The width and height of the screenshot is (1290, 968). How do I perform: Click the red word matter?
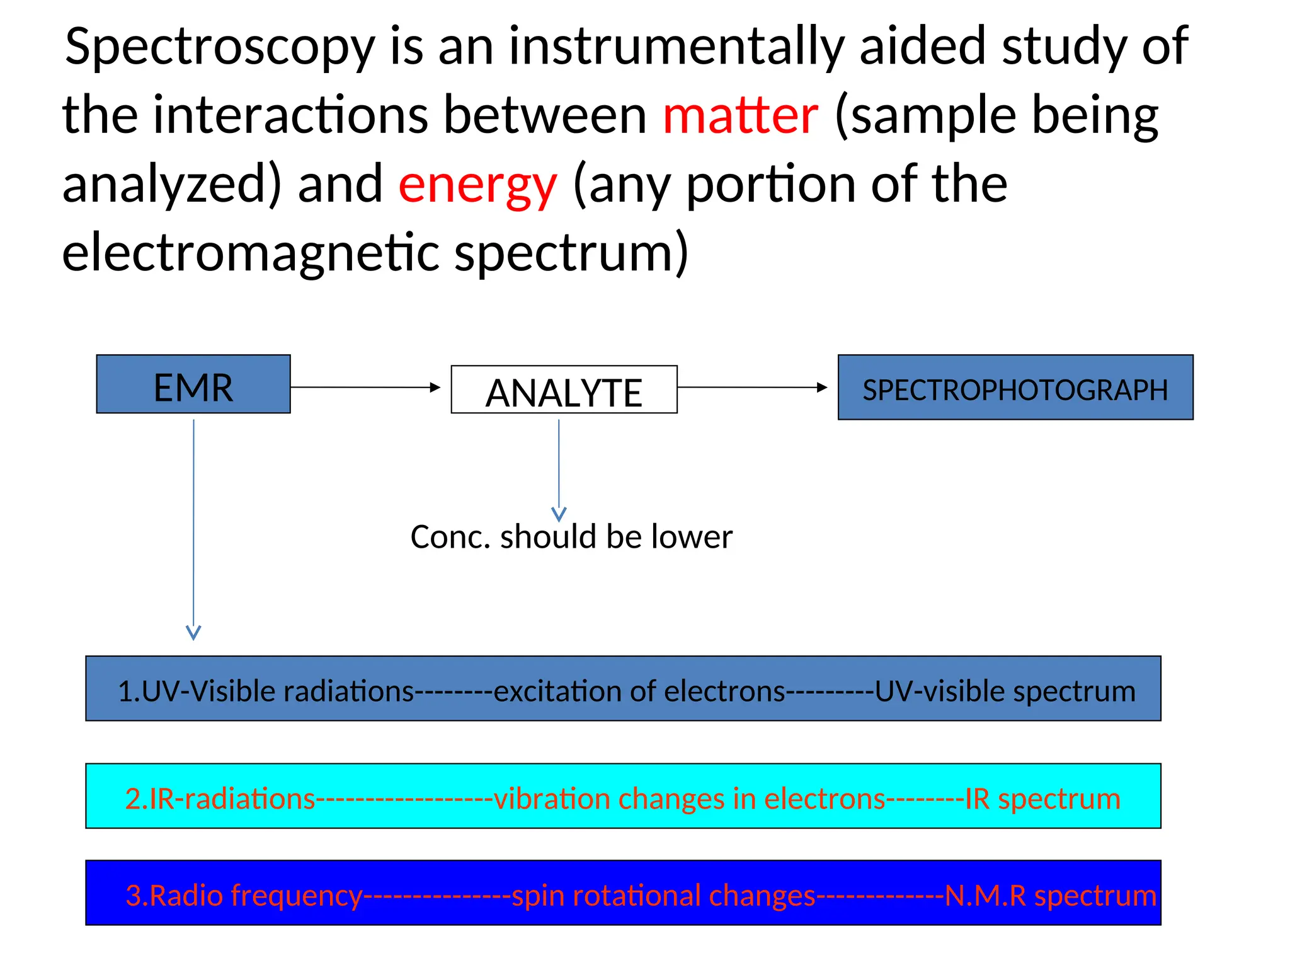tap(740, 116)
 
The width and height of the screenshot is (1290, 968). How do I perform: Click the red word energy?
tap(477, 185)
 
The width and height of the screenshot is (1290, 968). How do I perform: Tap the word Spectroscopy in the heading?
tap(220, 48)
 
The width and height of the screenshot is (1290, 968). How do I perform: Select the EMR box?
tap(193, 384)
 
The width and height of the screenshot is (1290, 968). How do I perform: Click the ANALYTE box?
tap(564, 390)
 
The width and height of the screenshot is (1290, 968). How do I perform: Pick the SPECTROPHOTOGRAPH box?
tap(1015, 388)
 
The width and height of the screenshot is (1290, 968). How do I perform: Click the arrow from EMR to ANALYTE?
tap(365, 387)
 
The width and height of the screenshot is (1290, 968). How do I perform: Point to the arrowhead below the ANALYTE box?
tap(559, 514)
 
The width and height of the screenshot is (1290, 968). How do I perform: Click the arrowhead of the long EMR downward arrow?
tap(193, 632)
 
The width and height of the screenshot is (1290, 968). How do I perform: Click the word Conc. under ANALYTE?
tap(450, 538)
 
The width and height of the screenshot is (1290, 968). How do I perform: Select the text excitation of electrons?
tap(639, 691)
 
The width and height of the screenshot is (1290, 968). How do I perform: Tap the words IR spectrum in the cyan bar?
tap(1042, 799)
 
